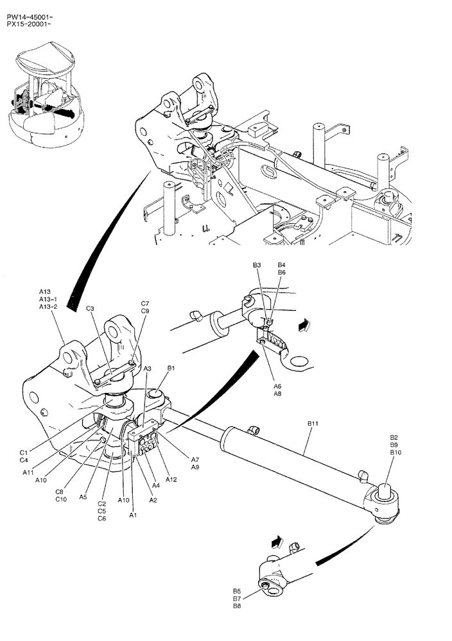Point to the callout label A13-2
point(48,307)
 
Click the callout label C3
point(90,308)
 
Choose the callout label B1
point(171,368)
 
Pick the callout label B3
point(256,265)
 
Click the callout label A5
point(83,495)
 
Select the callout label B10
point(395,452)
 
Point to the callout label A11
point(28,472)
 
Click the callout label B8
point(237,606)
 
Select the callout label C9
point(145,311)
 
